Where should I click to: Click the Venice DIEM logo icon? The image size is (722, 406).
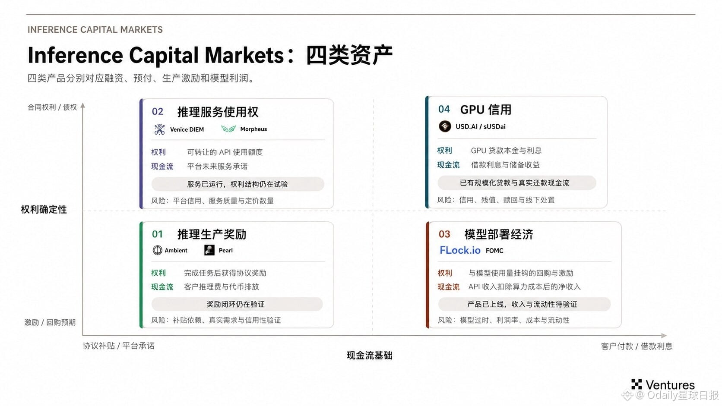pos(159,129)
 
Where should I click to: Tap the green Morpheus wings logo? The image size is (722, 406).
pos(228,129)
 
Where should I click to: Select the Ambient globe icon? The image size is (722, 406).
pos(157,250)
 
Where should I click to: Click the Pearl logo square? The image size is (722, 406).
pos(209,250)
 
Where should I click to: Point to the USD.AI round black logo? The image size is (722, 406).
pos(445,126)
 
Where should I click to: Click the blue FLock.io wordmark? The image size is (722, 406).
pos(460,250)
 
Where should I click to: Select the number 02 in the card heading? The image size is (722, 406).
pos(158,111)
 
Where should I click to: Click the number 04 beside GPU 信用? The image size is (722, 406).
pos(444,109)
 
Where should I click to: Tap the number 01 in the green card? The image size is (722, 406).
pos(157,234)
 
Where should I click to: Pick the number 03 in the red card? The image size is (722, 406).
pos(444,234)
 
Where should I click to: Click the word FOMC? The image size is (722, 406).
pos(494,251)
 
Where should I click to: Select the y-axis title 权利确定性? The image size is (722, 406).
pos(44,210)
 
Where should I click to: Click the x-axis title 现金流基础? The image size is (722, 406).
pos(369,356)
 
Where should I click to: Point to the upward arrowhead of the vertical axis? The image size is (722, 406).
pos(83,105)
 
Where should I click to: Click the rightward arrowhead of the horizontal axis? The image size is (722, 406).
pos(664,336)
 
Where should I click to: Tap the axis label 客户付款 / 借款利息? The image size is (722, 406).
pos(636,346)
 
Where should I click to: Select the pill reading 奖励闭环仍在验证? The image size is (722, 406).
pos(237,304)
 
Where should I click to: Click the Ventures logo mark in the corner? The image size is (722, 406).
pos(636,384)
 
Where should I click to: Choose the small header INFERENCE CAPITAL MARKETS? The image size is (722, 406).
pos(95,30)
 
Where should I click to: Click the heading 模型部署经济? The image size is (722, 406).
pos(499,234)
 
